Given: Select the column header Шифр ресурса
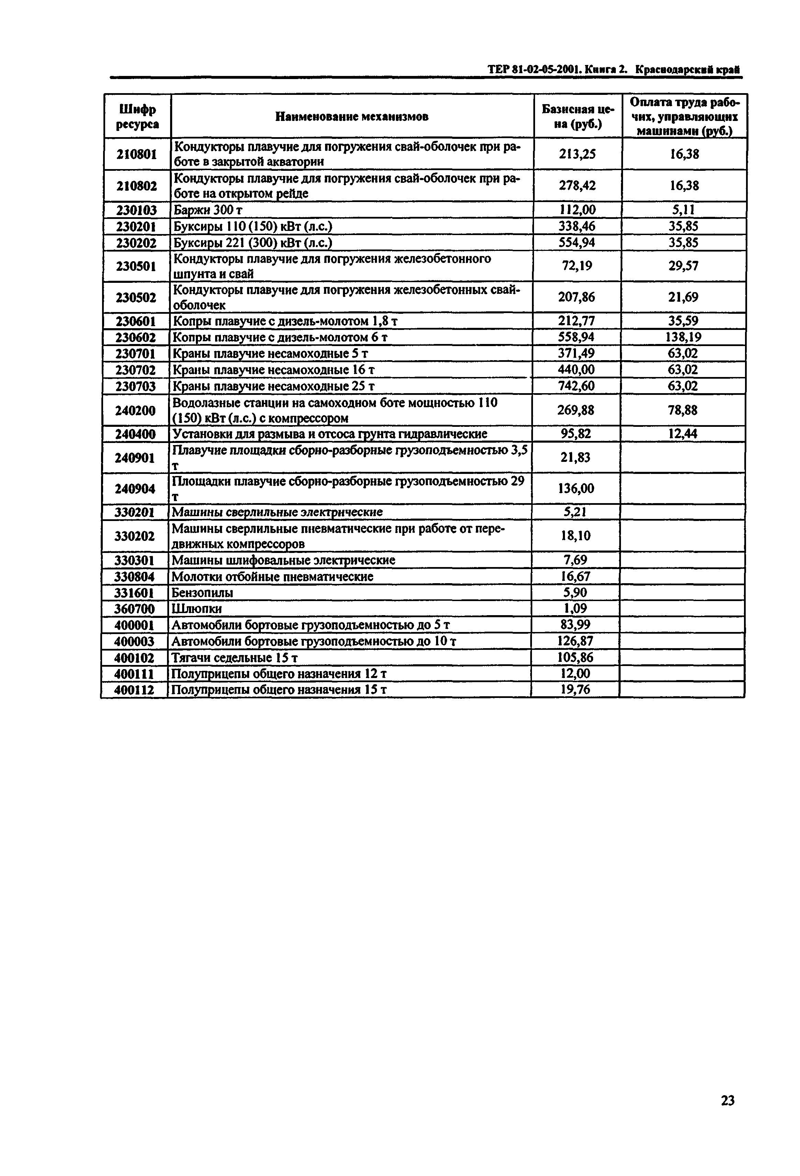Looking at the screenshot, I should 137,117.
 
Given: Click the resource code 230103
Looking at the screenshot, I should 137,210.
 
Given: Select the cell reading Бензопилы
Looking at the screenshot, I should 202,592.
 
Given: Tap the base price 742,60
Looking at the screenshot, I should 576,386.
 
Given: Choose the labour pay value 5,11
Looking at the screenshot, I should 683,210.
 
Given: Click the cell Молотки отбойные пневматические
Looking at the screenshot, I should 272,576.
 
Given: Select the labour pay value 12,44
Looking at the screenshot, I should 682,434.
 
